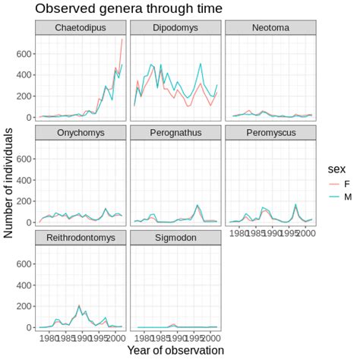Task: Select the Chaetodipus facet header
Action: (x=80, y=28)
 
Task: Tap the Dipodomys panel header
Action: (x=175, y=28)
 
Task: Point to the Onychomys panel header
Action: (x=80, y=134)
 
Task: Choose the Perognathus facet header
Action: (x=175, y=134)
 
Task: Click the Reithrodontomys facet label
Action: (x=80, y=238)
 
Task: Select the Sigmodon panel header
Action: (x=175, y=238)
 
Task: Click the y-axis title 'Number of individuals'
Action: (x=9, y=182)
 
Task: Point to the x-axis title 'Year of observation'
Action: (x=175, y=350)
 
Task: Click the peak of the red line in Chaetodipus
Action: (x=122, y=39)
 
